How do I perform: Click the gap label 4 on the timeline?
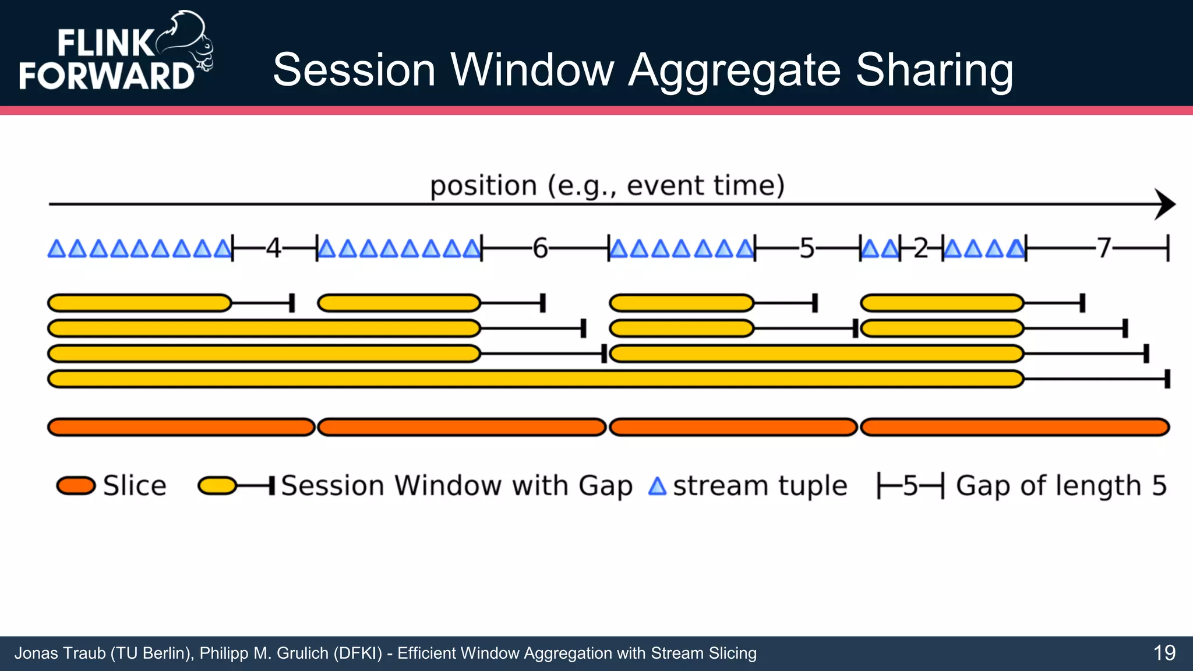[x=273, y=249]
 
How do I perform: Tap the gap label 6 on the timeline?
[x=540, y=249]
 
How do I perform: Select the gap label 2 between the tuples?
[x=920, y=249]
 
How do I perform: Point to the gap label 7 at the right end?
[x=1104, y=249]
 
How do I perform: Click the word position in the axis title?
[x=483, y=186]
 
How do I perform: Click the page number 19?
[x=1164, y=653]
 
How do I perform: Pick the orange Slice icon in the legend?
[x=76, y=485]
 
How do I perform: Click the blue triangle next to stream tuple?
[x=656, y=486]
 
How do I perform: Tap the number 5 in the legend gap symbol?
[x=910, y=485]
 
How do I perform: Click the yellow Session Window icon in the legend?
[x=217, y=485]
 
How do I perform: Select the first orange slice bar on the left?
[x=181, y=427]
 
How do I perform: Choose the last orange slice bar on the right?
[x=1015, y=427]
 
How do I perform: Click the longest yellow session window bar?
[x=536, y=379]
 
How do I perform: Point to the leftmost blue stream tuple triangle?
[x=57, y=249]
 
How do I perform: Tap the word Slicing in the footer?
[x=732, y=654]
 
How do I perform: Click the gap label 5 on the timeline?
[x=807, y=249]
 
